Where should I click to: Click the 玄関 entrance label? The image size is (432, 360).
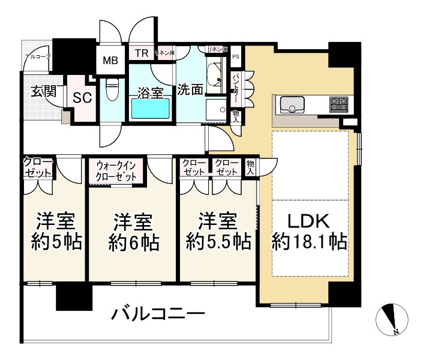pyautogui.click(x=43, y=92)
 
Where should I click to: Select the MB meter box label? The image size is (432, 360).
pyautogui.click(x=110, y=60)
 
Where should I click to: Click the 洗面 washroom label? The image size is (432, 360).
pyautogui.click(x=190, y=89)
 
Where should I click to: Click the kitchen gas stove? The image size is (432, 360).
pyautogui.click(x=339, y=104)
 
